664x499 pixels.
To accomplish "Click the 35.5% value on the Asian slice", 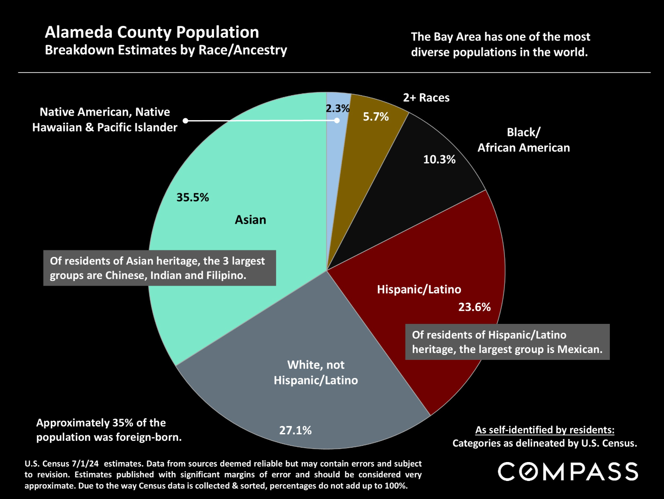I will (192, 197).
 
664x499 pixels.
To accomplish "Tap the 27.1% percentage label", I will (295, 430).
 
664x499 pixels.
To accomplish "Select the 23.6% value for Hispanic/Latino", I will (474, 307).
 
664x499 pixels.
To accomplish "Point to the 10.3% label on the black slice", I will (439, 159).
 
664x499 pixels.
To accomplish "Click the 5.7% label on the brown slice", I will (375, 116).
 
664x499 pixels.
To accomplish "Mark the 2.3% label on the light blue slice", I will (337, 108).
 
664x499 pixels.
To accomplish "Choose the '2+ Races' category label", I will (426, 97).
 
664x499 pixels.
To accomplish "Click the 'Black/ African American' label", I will (523, 140).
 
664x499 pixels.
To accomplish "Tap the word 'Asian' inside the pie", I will (250, 219).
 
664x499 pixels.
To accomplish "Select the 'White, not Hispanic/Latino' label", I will (316, 372).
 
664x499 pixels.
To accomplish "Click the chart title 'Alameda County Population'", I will (152, 32).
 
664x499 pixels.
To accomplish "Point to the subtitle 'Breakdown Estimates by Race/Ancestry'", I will (166, 50).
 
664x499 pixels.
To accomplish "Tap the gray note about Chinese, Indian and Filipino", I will (160, 268).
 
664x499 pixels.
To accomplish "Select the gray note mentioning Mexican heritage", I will (507, 342).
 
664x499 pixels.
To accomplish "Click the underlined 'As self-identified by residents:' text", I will (545, 430).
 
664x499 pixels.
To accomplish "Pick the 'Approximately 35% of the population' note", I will (109, 430).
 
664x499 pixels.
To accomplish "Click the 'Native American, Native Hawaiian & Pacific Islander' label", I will (105, 120).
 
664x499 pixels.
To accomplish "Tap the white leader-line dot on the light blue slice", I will (337, 120).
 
